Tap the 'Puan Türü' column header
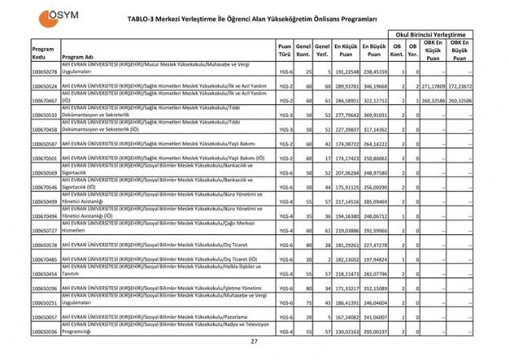pos(284,51)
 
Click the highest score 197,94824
pos(374,259)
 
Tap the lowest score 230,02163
pos(345,330)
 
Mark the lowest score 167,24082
pos(345,317)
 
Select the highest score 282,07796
pos(374,273)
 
